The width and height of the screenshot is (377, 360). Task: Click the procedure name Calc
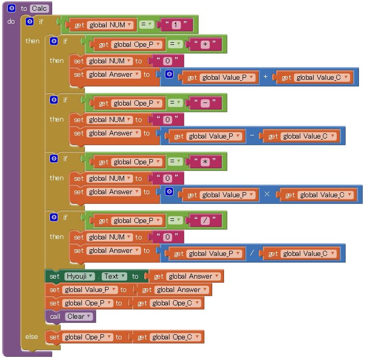point(39,9)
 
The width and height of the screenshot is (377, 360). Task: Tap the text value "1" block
point(176,25)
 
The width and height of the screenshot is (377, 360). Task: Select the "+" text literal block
point(205,44)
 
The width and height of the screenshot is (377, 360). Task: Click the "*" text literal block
point(205,162)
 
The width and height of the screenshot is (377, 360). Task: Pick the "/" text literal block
point(205,220)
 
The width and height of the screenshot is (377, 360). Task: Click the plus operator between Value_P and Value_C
point(265,77)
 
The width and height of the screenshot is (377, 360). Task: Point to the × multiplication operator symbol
point(267,194)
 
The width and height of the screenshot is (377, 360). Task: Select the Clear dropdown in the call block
point(79,316)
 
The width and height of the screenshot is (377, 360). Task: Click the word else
point(31,337)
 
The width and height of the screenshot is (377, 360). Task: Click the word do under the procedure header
point(11,22)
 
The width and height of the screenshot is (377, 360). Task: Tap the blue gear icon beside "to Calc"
point(11,8)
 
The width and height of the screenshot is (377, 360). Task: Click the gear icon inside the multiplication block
point(169,192)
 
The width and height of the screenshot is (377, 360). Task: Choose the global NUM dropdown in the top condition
point(110,25)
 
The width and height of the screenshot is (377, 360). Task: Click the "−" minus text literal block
point(205,103)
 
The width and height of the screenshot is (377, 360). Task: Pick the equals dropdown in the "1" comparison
point(146,24)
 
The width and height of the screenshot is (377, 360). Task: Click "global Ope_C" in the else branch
point(175,337)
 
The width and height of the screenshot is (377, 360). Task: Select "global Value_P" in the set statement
point(90,290)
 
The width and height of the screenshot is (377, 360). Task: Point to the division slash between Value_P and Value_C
point(252,253)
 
